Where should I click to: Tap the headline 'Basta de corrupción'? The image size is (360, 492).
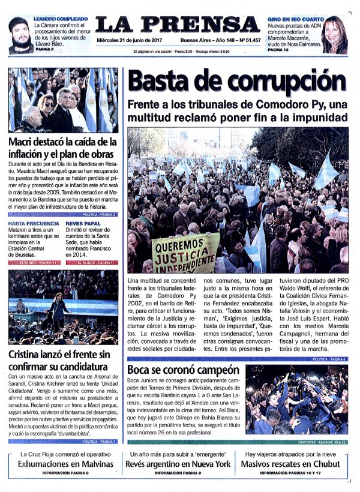click(238, 81)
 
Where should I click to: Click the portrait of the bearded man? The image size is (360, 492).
click(20, 35)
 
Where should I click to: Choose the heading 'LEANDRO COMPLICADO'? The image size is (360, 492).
click(61, 19)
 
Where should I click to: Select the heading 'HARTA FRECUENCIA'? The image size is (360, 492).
click(34, 223)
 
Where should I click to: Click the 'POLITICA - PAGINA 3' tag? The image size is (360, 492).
click(100, 214)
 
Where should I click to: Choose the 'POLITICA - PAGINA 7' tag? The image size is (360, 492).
click(100, 442)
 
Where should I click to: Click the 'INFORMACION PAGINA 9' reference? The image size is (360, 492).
click(179, 473)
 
